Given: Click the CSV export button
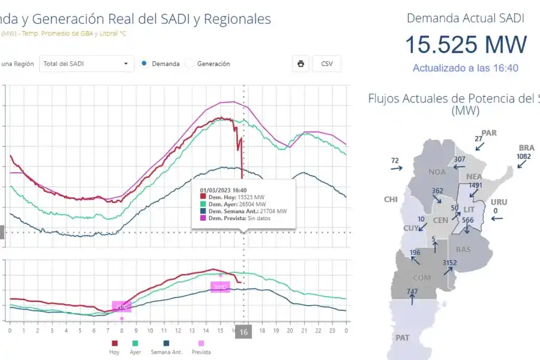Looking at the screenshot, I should coord(326,64).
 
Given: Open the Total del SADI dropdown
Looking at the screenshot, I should coord(86,64).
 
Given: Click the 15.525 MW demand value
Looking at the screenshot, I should coord(466,44).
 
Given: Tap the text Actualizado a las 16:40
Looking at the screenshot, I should coord(466,68).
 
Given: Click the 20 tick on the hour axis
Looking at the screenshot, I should coord(290,331).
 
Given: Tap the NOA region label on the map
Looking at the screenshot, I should coord(437,172).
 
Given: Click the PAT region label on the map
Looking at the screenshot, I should coord(402,338).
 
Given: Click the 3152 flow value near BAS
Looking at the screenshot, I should coord(449,263).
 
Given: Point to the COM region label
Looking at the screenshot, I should coord(422,278).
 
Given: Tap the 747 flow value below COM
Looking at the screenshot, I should coord(412,292).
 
